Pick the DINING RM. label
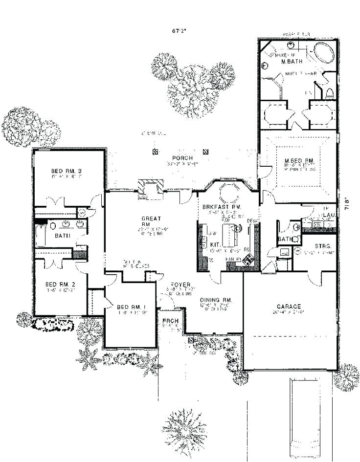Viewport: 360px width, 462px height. [215, 299]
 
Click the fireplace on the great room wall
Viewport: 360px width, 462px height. [149, 188]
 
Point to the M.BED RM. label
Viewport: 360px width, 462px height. [296, 161]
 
